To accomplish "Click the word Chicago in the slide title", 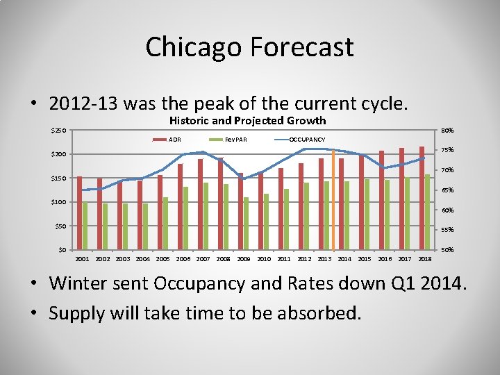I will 193,47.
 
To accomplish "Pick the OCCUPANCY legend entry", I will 306,140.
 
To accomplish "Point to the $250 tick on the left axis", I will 59,131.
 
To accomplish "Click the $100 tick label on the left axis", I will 59,202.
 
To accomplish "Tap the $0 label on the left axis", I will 62,249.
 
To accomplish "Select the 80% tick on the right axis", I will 448,131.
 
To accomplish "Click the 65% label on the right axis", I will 448,190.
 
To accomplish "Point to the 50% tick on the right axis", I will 448,249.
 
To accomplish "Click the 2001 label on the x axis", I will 82,259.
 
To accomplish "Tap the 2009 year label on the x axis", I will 244,259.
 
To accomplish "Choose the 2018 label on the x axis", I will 425,259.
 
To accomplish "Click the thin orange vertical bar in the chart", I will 334,201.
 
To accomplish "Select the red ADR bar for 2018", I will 422,198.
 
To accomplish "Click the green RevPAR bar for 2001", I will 85,226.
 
